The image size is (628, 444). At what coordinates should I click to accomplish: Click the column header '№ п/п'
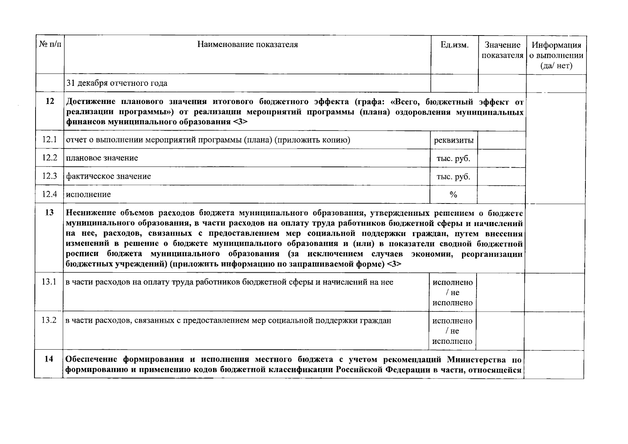50,45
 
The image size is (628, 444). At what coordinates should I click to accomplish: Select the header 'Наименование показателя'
247,45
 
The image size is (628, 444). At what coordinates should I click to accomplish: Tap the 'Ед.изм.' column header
454,45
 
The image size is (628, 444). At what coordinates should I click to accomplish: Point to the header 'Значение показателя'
502,50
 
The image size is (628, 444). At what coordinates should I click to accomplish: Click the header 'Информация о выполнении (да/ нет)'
556,55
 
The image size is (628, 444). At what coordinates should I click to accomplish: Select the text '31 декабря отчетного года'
117,83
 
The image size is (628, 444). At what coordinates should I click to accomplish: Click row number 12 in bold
50,101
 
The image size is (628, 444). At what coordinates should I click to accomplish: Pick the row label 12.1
50,140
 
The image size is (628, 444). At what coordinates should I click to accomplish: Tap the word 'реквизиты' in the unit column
454,141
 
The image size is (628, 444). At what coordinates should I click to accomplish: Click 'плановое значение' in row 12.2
102,158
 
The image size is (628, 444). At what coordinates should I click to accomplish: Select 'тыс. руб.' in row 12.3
453,177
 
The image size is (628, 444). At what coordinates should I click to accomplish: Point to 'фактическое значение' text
108,176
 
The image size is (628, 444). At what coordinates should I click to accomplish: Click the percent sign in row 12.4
453,195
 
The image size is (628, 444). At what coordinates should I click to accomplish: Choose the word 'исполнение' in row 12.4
88,194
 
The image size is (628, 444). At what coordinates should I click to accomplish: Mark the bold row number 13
49,212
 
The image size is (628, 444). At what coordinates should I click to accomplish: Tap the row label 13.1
49,282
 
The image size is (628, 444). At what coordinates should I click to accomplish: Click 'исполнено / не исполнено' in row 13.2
452,331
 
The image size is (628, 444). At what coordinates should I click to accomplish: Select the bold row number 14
49,359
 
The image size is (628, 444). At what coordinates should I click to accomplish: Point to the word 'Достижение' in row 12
88,102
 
